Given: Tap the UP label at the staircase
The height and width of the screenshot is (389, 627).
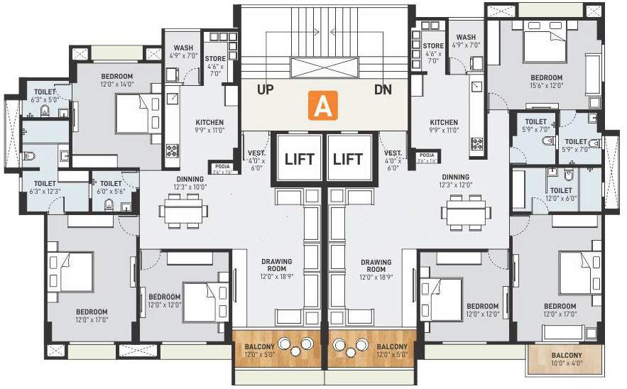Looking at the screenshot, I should pos(266,91).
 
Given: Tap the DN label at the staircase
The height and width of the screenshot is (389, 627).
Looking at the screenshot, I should pos(383,91).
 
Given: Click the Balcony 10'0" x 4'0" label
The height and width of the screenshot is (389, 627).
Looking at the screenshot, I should pos(566,359).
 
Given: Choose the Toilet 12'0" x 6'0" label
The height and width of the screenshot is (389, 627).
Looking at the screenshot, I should pos(560,194).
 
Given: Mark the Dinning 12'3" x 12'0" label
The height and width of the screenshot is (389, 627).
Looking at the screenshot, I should pos(455,181).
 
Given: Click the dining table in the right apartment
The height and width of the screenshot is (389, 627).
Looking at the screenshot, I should pos(466,211).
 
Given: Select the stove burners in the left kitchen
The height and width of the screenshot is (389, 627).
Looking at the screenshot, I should pos(173,150).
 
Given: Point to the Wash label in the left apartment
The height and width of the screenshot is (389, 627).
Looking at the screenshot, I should pos(183,53).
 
